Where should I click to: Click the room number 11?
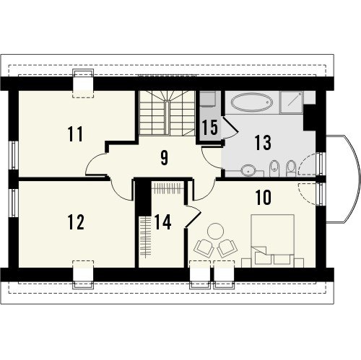click(x=75, y=134)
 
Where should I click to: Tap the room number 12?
click(x=76, y=222)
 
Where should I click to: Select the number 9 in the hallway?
click(x=164, y=158)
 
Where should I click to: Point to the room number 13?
click(x=263, y=143)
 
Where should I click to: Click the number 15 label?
click(x=210, y=127)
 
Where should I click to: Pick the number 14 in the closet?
click(x=162, y=222)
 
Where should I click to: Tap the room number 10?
click(x=264, y=198)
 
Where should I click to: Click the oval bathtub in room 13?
click(x=252, y=102)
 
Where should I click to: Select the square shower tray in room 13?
click(x=292, y=102)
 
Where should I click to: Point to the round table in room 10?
click(x=215, y=231)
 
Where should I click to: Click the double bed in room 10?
click(x=272, y=241)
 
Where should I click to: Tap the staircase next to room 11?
click(x=167, y=113)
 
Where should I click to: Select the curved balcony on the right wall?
click(x=344, y=180)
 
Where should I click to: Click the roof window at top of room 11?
click(x=83, y=83)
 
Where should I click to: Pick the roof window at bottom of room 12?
click(x=83, y=274)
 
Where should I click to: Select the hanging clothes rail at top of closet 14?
click(x=167, y=188)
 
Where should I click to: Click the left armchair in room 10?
click(x=205, y=248)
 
